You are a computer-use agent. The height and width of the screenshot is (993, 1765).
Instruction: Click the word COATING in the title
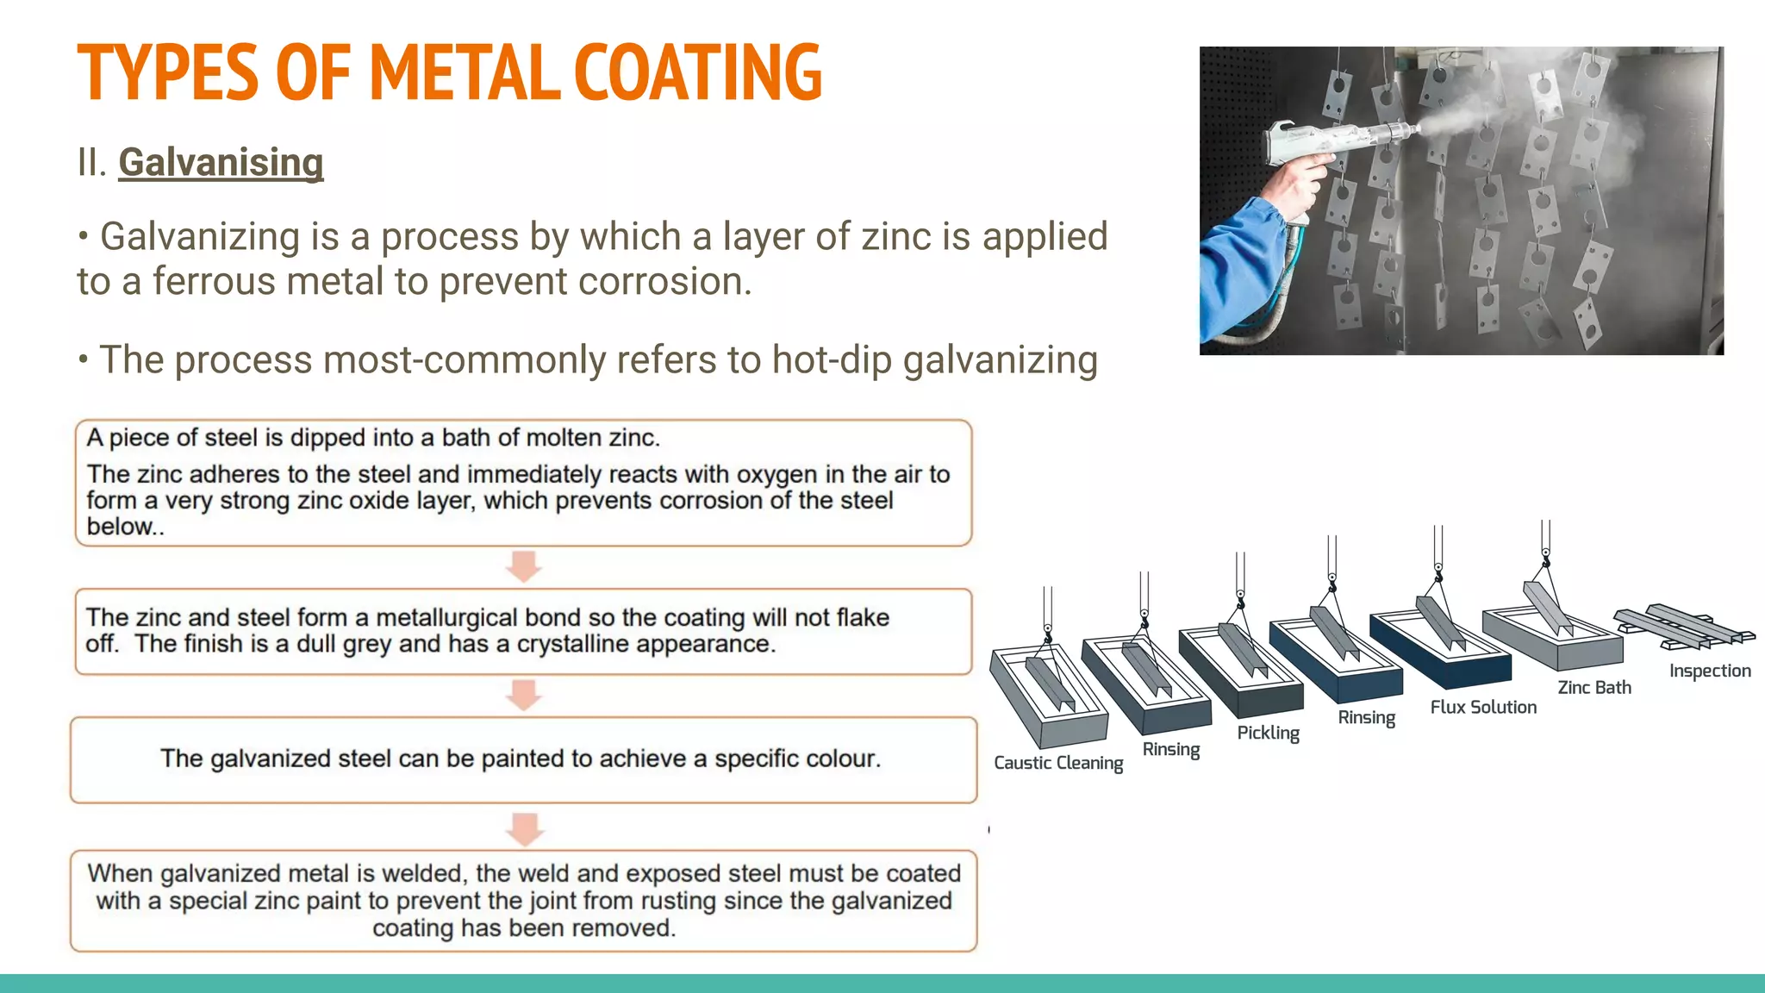coord(697,72)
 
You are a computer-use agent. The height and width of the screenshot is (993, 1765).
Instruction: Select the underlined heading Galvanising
coord(221,162)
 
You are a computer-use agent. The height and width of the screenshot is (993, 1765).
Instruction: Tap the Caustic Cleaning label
coord(1057,763)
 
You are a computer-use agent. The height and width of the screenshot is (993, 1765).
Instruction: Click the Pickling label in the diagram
coord(1268,733)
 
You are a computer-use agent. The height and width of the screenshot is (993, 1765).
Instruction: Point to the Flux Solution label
coord(1483,707)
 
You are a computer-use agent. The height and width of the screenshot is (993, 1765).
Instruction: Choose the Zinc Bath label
coord(1593,687)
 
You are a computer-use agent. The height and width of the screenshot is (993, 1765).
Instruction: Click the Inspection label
coord(1709,671)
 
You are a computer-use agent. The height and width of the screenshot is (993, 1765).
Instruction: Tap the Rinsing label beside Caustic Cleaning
coord(1170,749)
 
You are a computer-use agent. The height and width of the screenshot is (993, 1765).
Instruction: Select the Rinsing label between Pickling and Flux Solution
coord(1366,717)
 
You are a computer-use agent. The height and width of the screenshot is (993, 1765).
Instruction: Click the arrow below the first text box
coord(523,567)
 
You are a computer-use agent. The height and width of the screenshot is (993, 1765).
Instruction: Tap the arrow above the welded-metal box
coord(524,828)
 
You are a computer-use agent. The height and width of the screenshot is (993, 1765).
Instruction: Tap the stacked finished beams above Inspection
coord(1681,626)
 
